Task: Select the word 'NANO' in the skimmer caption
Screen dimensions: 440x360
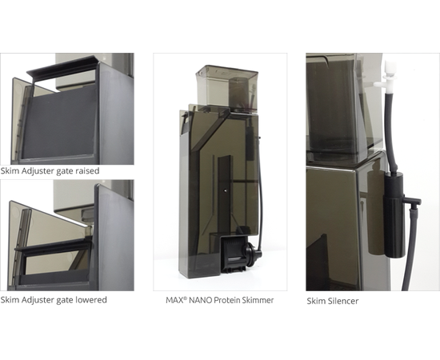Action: click(x=200, y=300)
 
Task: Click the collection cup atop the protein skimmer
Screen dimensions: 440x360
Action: click(x=226, y=88)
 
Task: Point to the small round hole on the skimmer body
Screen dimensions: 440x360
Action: click(x=225, y=190)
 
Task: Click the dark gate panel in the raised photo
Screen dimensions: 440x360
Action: click(x=60, y=122)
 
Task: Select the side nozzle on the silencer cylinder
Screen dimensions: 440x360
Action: click(x=412, y=201)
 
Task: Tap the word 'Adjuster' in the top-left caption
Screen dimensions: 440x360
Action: click(x=38, y=171)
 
